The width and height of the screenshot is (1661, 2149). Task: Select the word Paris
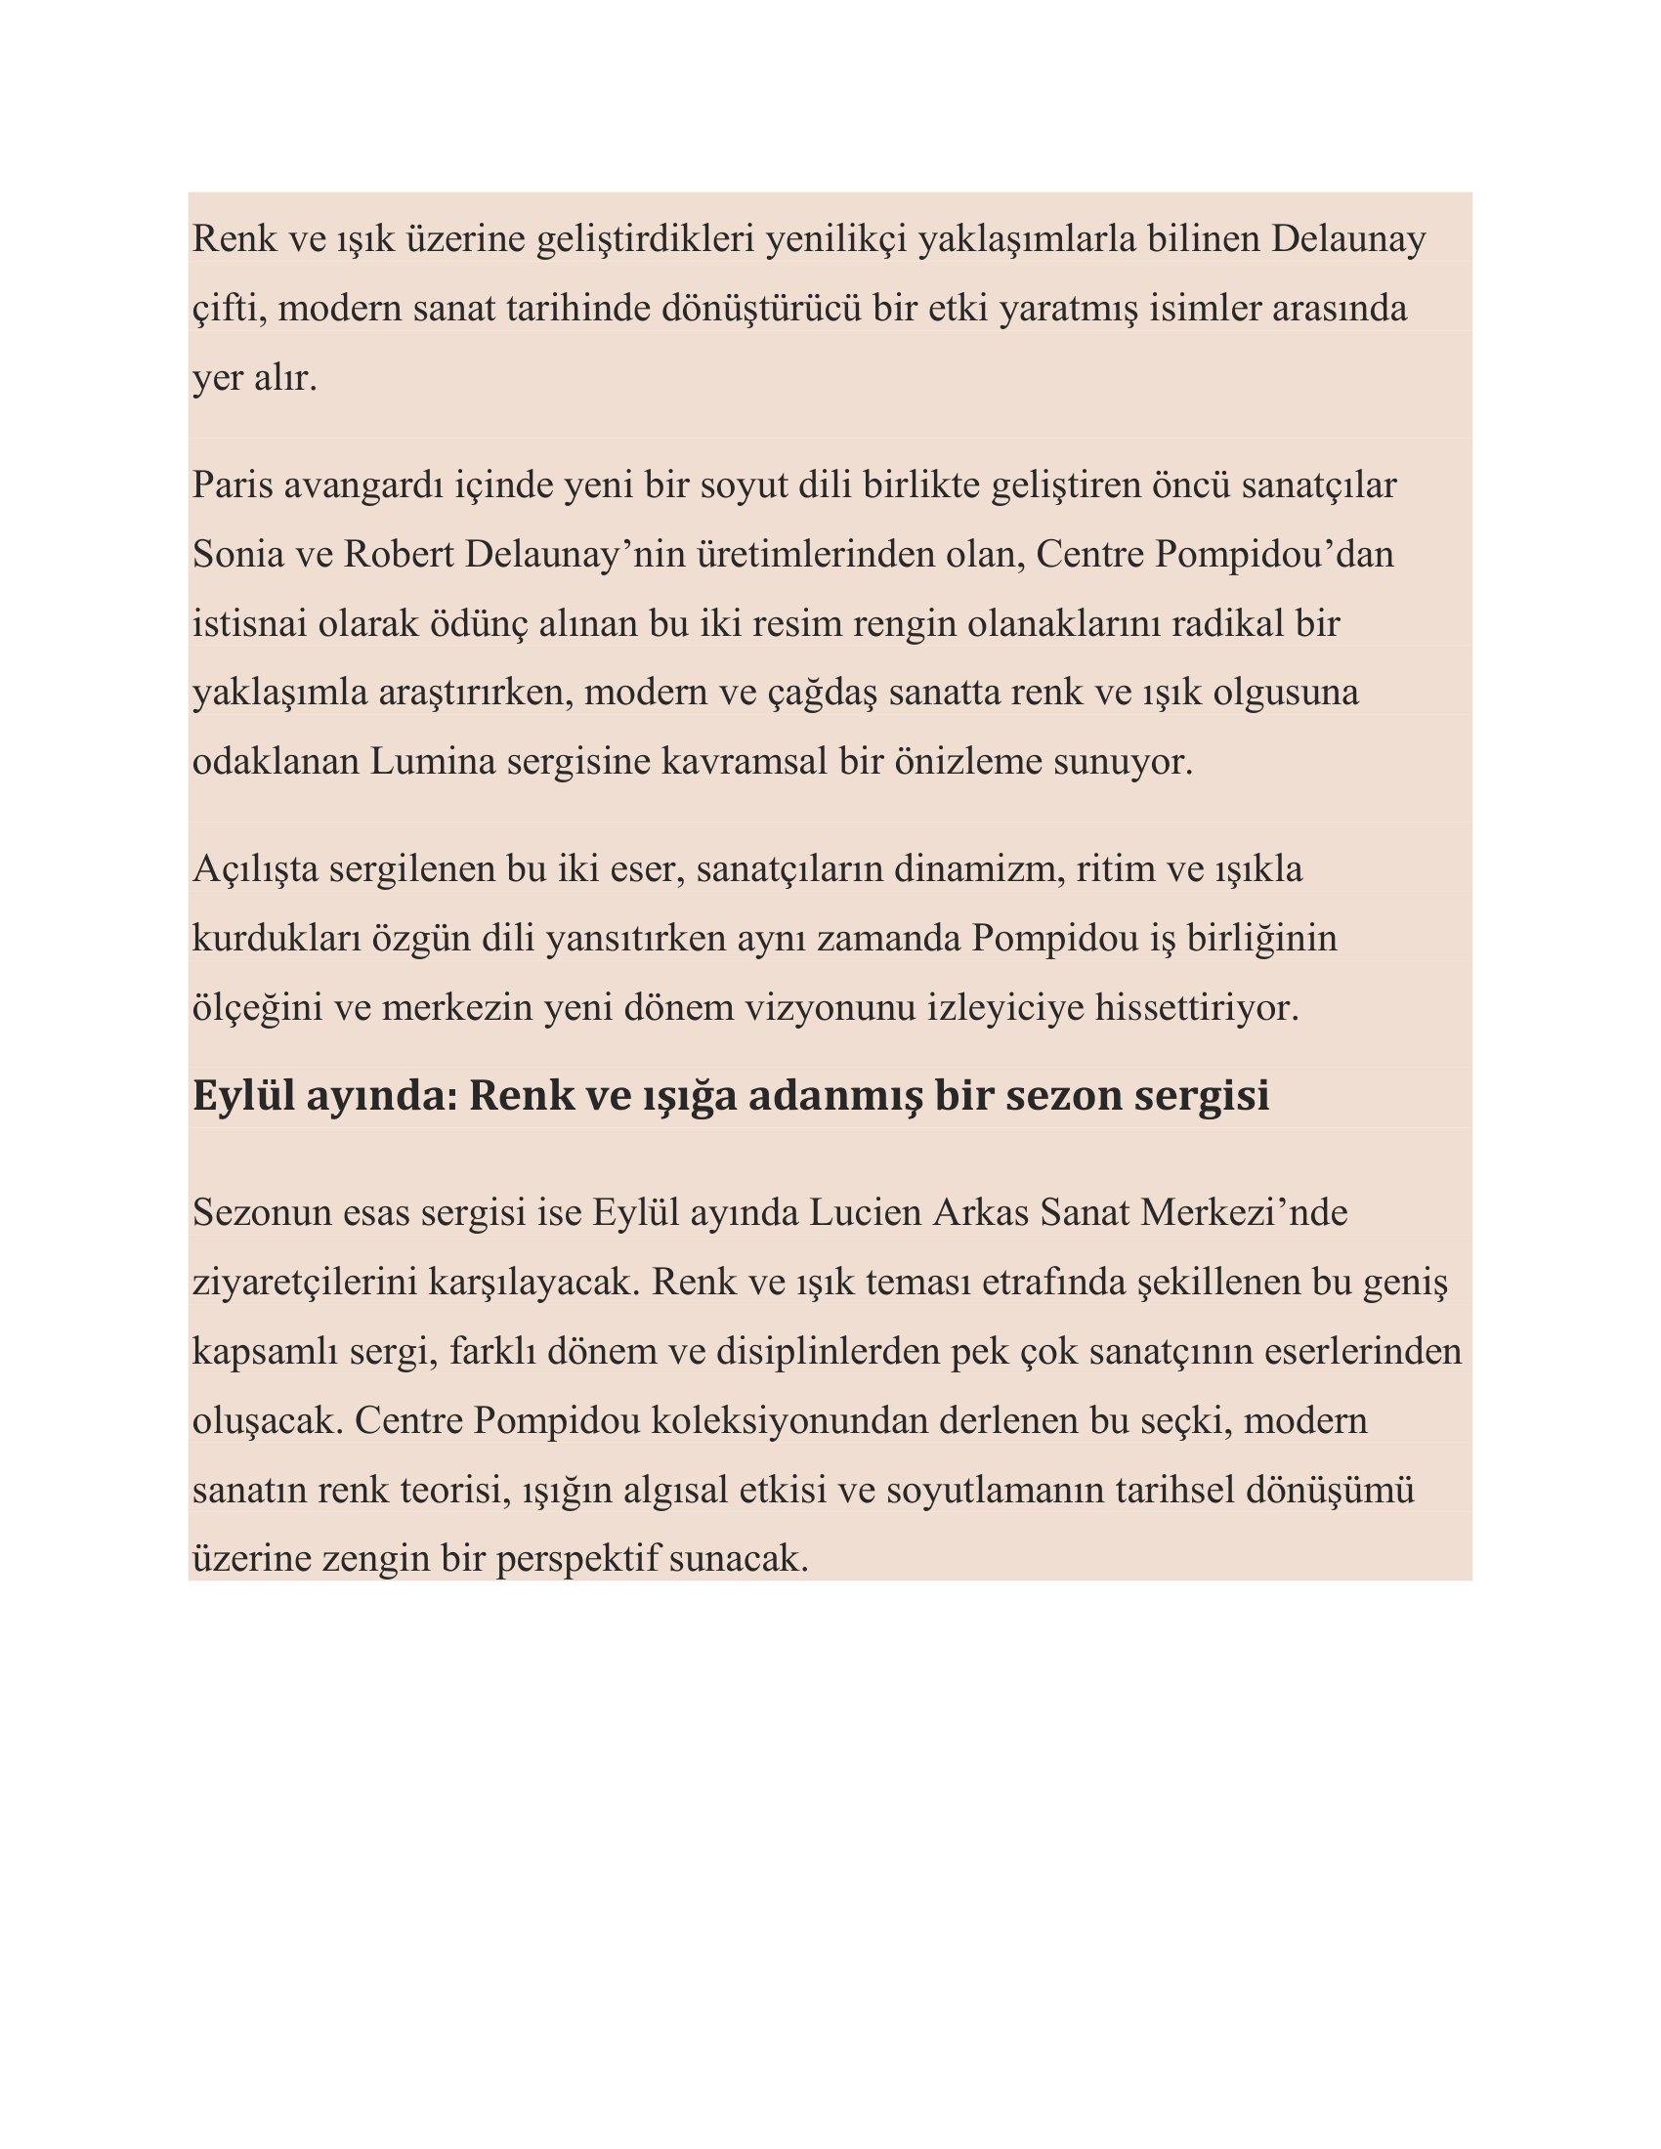click(x=233, y=485)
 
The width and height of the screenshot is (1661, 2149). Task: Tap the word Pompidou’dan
click(x=1273, y=555)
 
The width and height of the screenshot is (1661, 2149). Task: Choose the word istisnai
click(x=249, y=624)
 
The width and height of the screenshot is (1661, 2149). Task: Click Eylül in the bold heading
click(x=243, y=1096)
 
